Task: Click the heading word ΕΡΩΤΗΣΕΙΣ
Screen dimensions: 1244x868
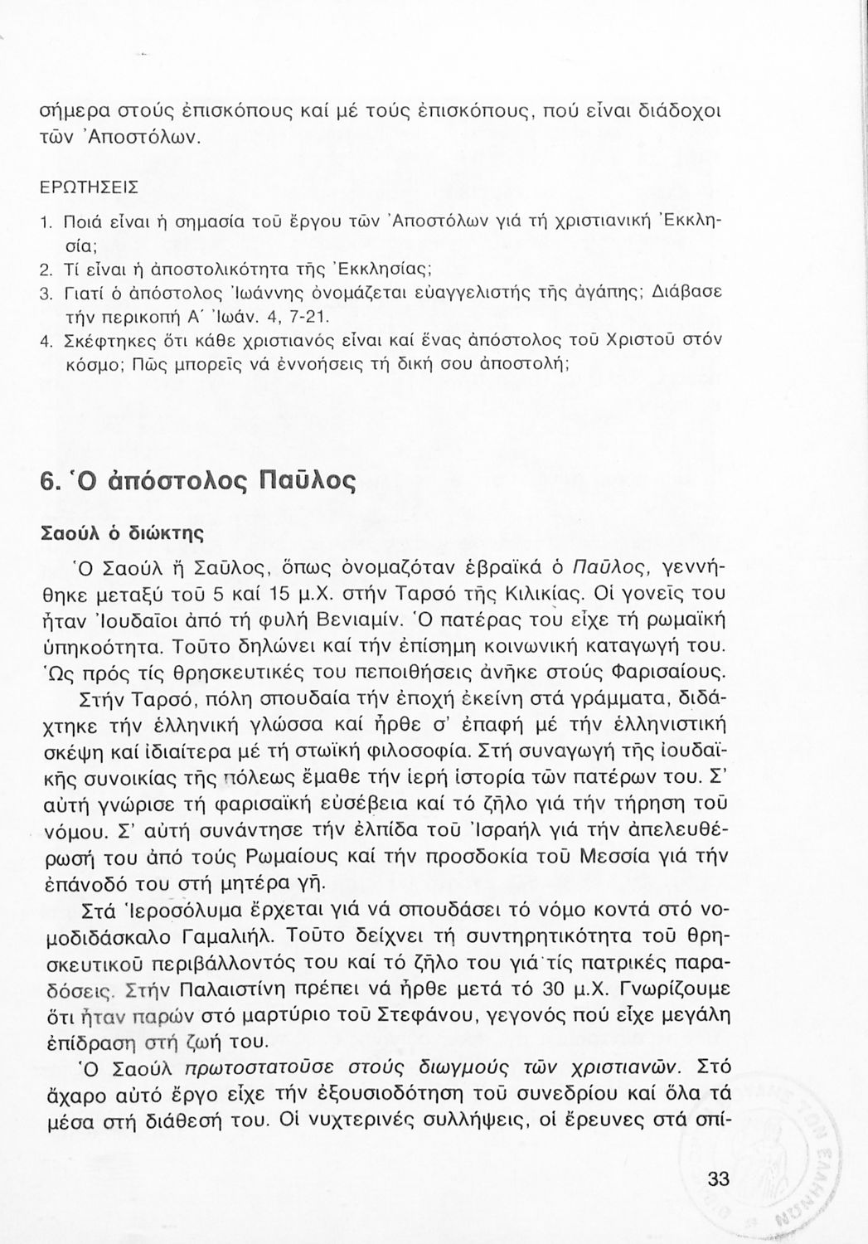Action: [90, 189]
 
